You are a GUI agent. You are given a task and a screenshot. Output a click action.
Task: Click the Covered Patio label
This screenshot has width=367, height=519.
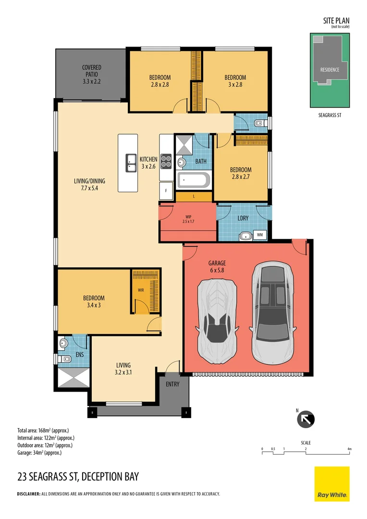pyautogui.click(x=92, y=74)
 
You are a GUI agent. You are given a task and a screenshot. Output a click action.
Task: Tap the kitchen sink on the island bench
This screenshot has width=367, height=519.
pyautogui.click(x=131, y=163)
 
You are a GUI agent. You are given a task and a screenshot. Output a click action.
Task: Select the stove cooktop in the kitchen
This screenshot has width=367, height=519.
pyautogui.click(x=166, y=161)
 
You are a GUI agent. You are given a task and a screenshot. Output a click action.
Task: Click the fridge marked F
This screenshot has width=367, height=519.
pyautogui.click(x=166, y=191)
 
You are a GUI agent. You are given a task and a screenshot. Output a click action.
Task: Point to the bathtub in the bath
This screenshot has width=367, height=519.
pyautogui.click(x=194, y=180)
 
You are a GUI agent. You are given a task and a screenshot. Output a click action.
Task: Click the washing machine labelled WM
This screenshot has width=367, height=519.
pyautogui.click(x=260, y=235)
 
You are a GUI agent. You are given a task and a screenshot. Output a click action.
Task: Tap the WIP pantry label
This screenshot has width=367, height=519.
pyautogui.click(x=188, y=219)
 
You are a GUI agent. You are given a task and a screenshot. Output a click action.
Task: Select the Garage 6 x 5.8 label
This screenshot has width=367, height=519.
pyautogui.click(x=217, y=266)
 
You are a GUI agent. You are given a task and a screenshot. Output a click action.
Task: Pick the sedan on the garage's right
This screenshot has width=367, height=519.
pyautogui.click(x=273, y=312)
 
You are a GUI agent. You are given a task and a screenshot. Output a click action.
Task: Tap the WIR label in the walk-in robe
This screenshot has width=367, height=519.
pyautogui.click(x=141, y=290)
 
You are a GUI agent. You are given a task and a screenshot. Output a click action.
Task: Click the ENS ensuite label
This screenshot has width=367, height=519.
pyautogui.click(x=80, y=355)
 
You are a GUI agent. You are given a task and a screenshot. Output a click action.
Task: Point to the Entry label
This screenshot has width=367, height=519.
pyautogui.click(x=172, y=384)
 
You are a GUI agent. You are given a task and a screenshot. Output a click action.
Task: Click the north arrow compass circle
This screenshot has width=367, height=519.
pyautogui.click(x=306, y=420)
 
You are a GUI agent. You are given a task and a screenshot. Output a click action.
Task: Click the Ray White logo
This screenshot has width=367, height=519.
pyautogui.click(x=332, y=484)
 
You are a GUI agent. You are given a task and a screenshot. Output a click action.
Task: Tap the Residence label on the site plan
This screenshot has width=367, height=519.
pyautogui.click(x=330, y=70)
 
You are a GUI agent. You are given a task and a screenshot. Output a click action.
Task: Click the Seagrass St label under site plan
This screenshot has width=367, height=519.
pyautogui.click(x=330, y=115)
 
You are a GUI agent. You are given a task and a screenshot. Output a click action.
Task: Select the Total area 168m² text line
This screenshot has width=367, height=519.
pyautogui.click(x=43, y=431)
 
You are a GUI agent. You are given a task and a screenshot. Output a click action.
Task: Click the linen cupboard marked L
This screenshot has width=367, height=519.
pyautogui.click(x=194, y=197)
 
